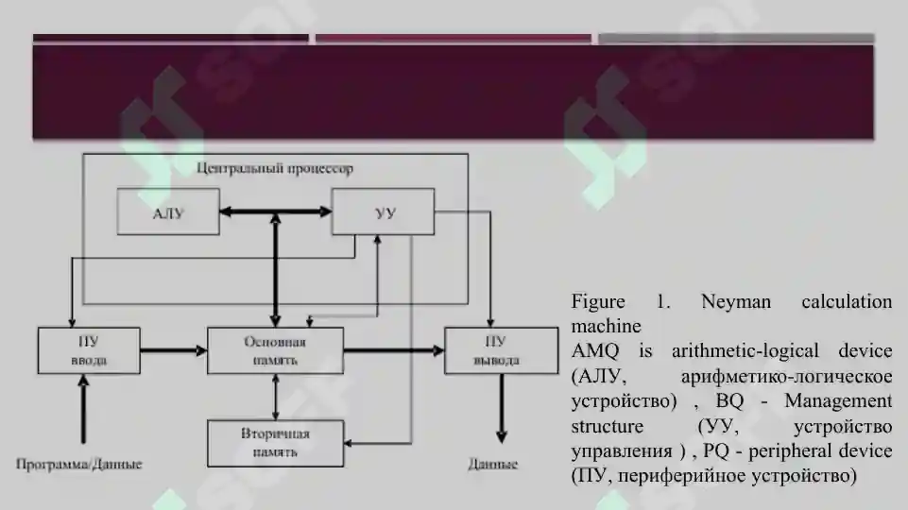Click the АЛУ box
[168, 212]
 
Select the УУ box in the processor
[383, 212]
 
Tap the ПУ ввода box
[89, 350]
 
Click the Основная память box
[275, 350]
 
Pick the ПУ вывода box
[501, 350]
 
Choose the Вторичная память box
[275, 444]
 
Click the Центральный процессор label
[275, 168]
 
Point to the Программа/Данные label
[78, 464]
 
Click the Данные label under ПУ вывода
[493, 464]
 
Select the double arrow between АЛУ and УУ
[276, 212]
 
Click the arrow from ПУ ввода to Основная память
[174, 350]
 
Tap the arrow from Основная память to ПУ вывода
[394, 350]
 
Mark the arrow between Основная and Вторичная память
[276, 397]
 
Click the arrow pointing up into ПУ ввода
[83, 409]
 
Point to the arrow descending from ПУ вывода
[502, 409]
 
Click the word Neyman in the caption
[735, 301]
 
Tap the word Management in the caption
[838, 400]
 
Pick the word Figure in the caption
[598, 301]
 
